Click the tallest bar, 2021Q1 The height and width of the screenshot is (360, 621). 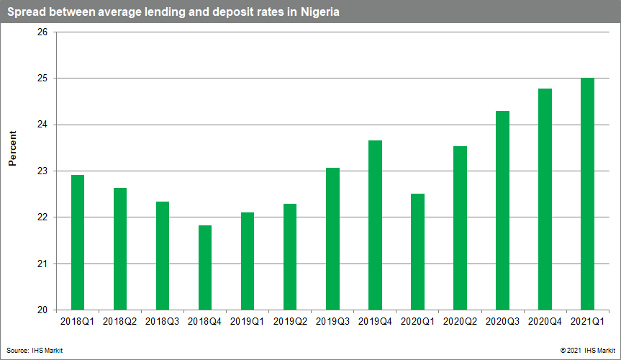[587, 194]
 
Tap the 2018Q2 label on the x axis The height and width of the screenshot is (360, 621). [120, 322]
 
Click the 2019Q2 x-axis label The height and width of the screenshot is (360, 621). [290, 322]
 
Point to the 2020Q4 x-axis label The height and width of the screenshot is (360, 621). [545, 322]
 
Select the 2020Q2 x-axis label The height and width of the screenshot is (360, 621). [460, 322]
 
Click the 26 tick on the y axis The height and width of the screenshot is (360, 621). [42, 32]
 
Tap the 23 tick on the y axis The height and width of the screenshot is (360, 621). [42, 171]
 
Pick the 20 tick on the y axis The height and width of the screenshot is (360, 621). [42, 310]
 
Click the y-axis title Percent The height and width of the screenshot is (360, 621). [13, 149]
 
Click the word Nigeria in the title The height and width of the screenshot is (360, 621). [318, 12]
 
